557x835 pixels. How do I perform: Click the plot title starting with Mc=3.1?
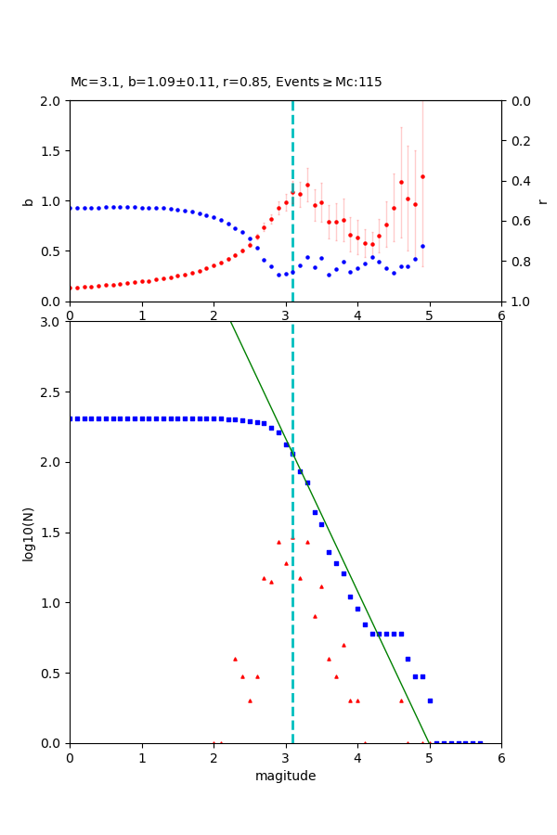(226, 83)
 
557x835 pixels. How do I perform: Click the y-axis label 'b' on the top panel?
(29, 201)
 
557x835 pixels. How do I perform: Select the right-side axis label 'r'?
(542, 201)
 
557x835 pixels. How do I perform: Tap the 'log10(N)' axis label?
(29, 533)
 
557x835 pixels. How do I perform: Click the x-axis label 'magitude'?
(285, 777)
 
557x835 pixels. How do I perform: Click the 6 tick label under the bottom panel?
(501, 758)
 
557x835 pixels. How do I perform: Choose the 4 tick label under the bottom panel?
(357, 758)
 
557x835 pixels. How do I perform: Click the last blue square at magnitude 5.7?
(480, 742)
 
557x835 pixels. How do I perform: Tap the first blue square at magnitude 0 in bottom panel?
(71, 418)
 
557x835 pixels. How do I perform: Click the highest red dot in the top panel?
(422, 176)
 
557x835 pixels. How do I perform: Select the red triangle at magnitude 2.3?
(235, 659)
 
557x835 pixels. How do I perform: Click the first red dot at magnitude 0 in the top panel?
(71, 288)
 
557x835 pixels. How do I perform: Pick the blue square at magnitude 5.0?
(430, 700)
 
